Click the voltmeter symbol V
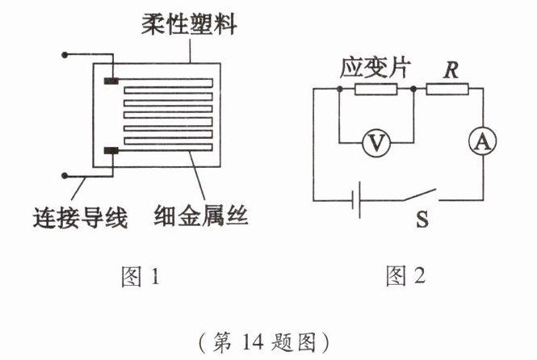coord(374,143)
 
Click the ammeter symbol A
coord(482,143)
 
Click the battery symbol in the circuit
coord(356,199)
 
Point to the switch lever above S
coord(420,195)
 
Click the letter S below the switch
coord(421,218)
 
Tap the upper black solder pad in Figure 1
coord(111,81)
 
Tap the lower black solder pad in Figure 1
coord(111,151)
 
